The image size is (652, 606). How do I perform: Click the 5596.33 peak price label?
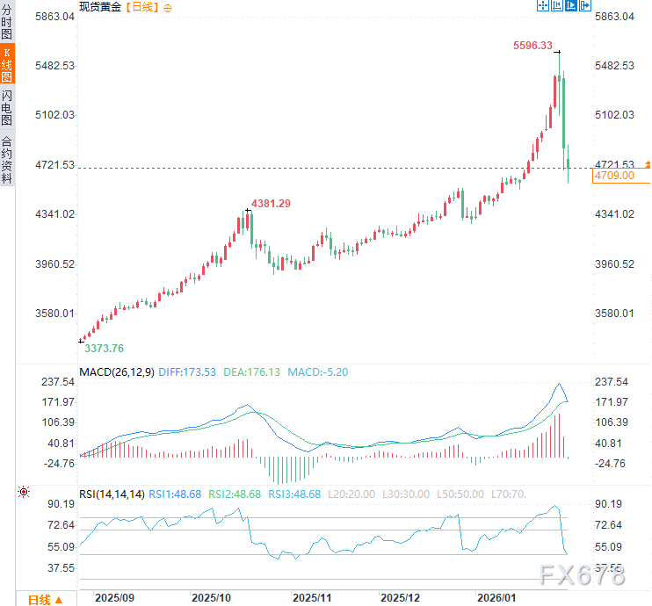(532, 46)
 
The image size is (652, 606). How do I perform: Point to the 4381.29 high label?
(271, 204)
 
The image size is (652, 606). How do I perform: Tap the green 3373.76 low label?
(104, 348)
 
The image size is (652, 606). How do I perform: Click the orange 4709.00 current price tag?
(614, 176)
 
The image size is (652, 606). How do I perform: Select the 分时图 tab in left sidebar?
(7, 22)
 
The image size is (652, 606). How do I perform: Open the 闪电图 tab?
(7, 107)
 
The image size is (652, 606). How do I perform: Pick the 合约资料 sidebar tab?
(7, 159)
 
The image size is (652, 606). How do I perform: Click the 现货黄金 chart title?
(101, 7)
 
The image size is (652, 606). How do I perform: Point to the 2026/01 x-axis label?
(497, 597)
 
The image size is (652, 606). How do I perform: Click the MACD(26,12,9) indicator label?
(116, 372)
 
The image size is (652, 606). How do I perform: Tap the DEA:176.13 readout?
(252, 372)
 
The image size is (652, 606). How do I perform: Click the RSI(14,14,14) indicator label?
(110, 494)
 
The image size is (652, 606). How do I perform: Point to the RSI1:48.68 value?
(177, 494)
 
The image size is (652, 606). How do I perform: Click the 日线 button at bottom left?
(44, 600)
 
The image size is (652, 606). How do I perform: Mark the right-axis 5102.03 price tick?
(614, 115)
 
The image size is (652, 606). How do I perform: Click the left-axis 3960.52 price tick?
(51, 264)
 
